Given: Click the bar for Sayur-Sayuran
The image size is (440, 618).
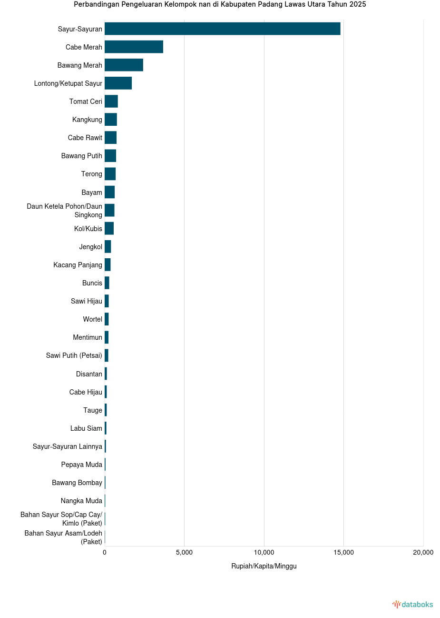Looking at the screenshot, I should click(222, 29).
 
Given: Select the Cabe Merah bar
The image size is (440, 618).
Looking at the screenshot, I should click(134, 47).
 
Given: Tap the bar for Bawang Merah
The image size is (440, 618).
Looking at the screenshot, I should click(124, 65).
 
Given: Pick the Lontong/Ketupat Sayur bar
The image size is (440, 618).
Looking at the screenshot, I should click(118, 83).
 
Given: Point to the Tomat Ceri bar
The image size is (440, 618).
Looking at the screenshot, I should click(111, 101).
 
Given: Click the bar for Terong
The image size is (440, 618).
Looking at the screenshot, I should click(110, 174).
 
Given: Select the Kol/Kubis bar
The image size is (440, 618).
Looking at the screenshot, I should click(109, 228).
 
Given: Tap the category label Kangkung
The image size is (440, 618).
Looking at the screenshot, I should click(87, 120).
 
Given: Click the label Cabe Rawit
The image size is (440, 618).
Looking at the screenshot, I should click(85, 138).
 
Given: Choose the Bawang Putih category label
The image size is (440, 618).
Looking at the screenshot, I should click(81, 156).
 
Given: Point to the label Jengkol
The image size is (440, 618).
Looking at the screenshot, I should click(90, 247).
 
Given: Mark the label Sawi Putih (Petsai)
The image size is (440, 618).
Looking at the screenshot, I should click(74, 355).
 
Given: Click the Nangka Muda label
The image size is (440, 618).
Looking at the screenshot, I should click(81, 501).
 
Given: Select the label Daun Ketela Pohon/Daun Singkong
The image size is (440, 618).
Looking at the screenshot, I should click(65, 211).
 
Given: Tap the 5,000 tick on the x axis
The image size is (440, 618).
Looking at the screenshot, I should click(184, 552).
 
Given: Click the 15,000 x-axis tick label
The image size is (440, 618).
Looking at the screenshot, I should click(343, 552).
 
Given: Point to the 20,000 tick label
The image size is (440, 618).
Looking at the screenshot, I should click(423, 552).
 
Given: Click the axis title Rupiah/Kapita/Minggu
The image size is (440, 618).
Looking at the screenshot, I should click(264, 566).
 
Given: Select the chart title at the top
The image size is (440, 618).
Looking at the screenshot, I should click(220, 4).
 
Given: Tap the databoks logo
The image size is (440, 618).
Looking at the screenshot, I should click(412, 604).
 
